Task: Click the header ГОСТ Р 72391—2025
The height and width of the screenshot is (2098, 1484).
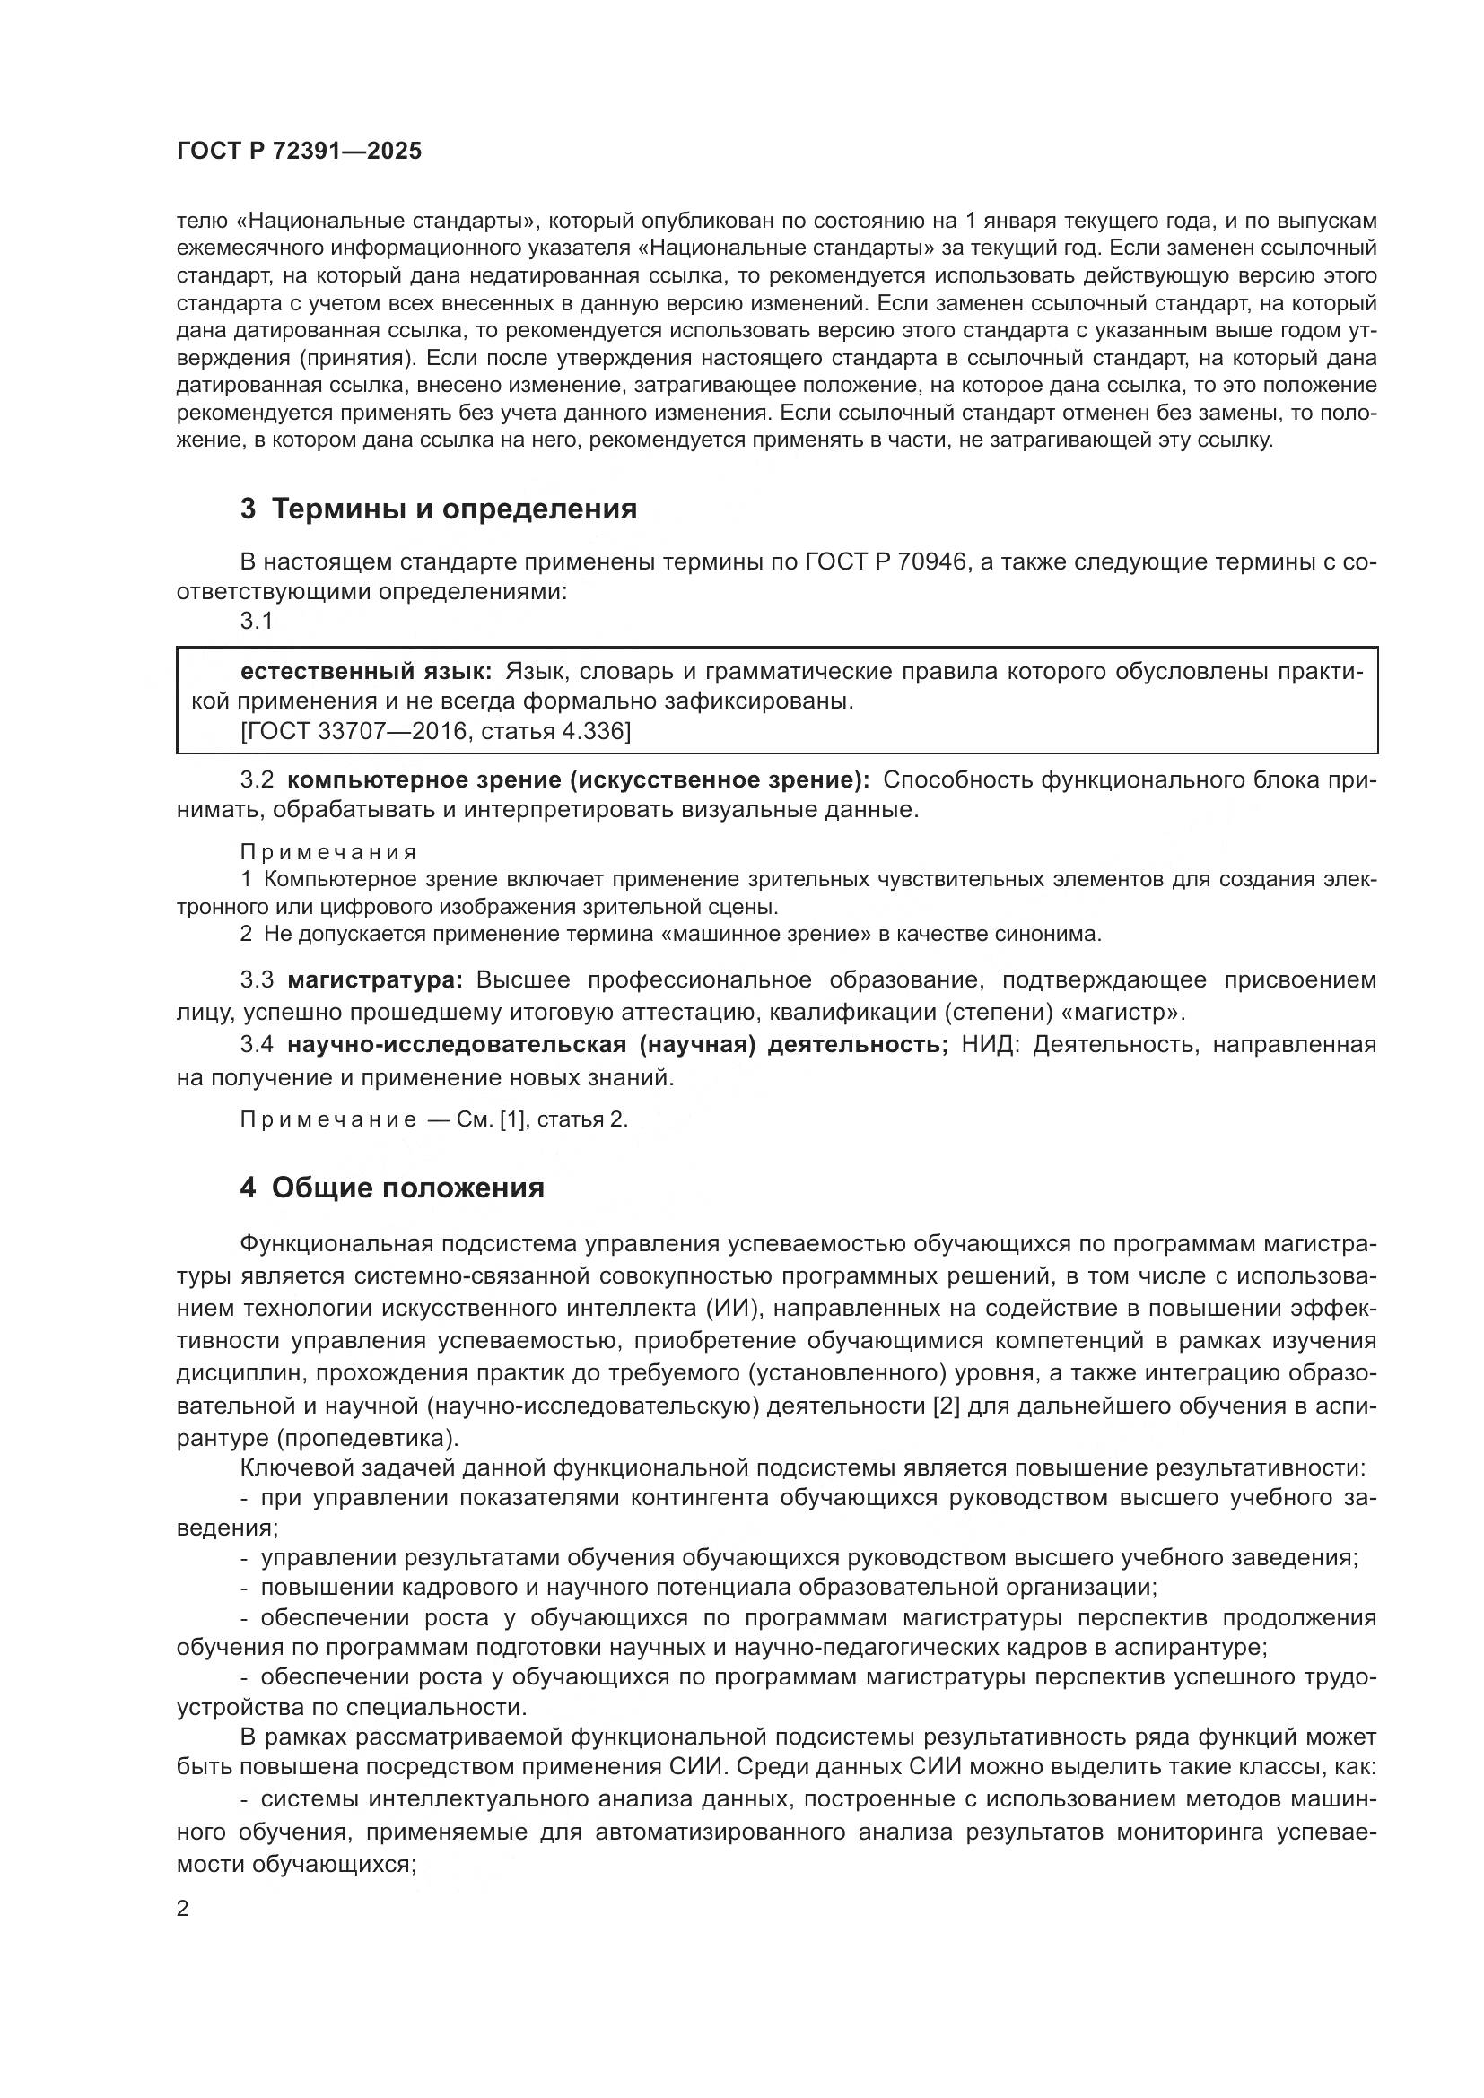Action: [x=299, y=152]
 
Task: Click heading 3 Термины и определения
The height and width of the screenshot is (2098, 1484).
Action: [x=439, y=509]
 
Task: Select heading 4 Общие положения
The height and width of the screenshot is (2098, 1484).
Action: [x=392, y=1188]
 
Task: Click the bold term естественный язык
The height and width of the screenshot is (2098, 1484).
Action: [x=365, y=673]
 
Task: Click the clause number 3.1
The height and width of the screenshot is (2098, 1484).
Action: [x=257, y=622]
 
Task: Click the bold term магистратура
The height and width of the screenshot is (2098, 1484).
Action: [x=376, y=980]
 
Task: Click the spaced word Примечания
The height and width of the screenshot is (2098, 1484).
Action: [x=328, y=852]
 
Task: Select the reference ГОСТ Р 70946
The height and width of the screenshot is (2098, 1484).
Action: [x=886, y=562]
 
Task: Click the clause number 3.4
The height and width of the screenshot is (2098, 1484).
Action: [x=257, y=1044]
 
